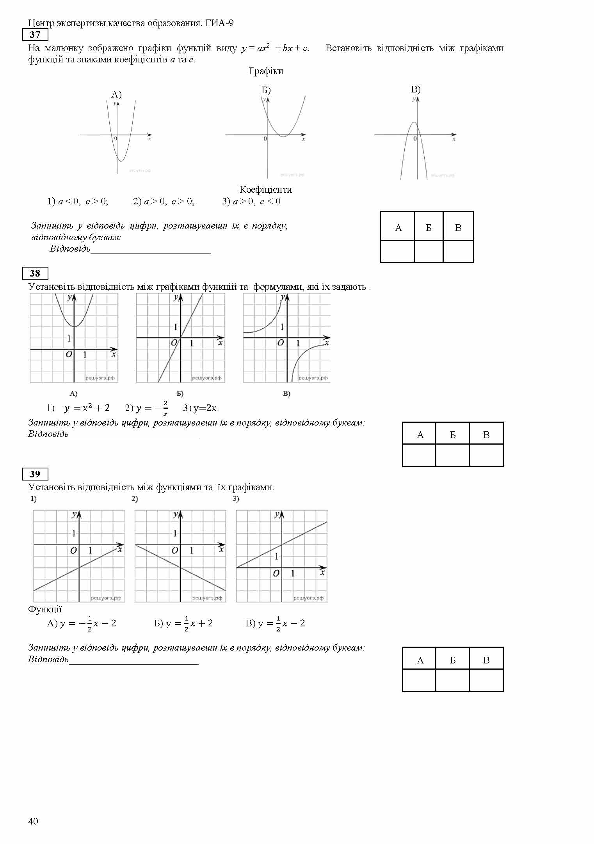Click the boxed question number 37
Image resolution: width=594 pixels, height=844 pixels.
coord(35,35)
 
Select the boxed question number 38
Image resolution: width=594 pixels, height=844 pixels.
coord(35,273)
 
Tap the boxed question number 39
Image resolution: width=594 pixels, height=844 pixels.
coord(35,474)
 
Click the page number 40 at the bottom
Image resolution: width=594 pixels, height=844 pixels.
coord(33,821)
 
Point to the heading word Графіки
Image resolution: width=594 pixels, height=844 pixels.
coord(266,71)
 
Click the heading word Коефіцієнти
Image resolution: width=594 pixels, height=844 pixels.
coord(266,190)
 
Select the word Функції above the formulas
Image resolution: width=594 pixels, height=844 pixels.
coord(45,610)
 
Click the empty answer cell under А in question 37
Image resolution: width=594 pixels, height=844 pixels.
coord(397,251)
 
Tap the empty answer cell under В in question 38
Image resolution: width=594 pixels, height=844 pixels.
coord(486,455)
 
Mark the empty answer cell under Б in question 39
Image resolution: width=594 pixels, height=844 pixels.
coord(453,680)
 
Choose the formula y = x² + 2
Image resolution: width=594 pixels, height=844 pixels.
coord(87,408)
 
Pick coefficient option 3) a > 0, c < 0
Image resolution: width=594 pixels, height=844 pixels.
coord(251,202)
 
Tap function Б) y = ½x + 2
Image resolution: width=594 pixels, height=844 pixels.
coord(183,623)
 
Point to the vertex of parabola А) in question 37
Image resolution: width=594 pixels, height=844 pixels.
coord(121,161)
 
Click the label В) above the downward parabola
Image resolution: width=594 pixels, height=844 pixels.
coord(416,89)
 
